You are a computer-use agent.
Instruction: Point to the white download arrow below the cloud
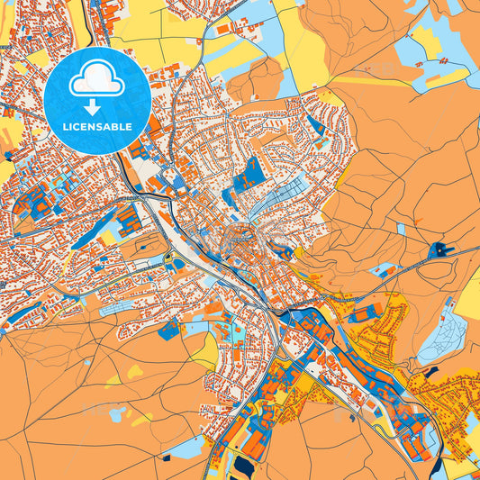tap(96, 106)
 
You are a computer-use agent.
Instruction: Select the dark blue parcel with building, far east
tap(439, 250)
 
